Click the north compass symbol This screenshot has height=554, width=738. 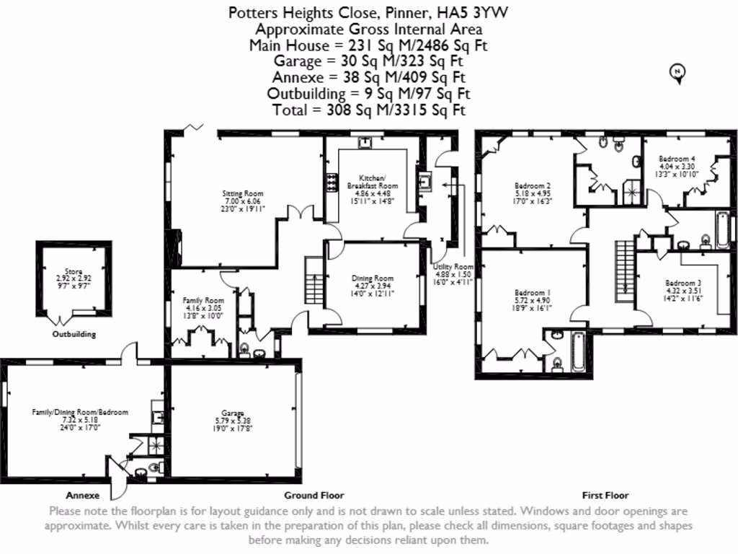point(677,71)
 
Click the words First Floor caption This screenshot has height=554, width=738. point(605,496)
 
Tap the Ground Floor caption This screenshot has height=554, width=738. point(314,496)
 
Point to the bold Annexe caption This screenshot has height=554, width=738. point(82,496)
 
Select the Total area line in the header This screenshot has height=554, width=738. point(368,110)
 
